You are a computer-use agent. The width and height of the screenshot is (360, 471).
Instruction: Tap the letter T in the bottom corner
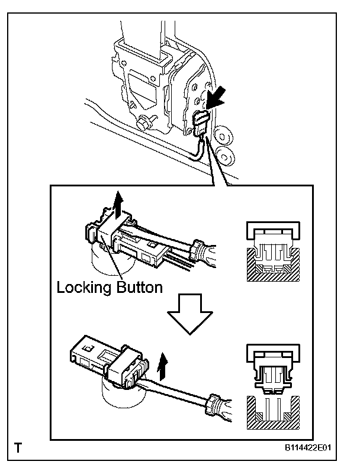(20, 448)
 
